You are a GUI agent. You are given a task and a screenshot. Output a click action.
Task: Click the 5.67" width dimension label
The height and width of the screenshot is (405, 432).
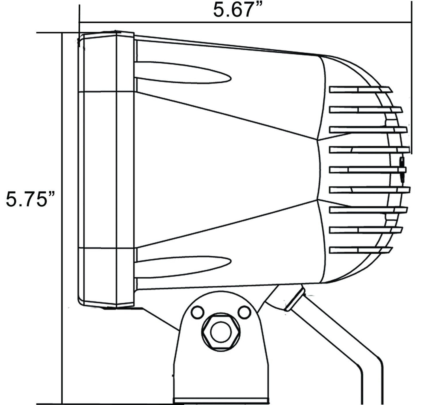tap(237, 10)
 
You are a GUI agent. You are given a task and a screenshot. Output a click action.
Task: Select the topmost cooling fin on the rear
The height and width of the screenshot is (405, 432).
tap(361, 90)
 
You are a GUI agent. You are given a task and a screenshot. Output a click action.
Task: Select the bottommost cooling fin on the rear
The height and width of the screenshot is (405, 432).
tap(361, 250)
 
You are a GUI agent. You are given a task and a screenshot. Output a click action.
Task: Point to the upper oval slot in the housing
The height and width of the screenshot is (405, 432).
tap(182, 72)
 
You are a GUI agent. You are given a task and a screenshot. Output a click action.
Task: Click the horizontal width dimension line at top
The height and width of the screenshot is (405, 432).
tap(245, 22)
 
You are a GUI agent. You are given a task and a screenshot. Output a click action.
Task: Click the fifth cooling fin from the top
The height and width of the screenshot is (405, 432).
tap(368, 170)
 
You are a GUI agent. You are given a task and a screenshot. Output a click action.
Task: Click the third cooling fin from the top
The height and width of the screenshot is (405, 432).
tap(368, 130)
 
